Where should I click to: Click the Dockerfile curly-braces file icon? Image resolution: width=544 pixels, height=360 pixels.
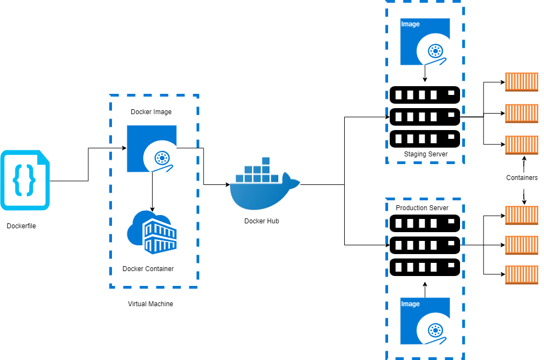pos(25,181)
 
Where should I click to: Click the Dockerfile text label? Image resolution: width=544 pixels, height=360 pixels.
pos(21,226)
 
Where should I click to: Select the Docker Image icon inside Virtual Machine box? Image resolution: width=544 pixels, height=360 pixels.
pos(152,149)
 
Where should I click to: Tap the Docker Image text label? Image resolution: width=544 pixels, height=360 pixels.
pos(151,112)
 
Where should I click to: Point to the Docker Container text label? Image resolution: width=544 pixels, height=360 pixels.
pos(148,269)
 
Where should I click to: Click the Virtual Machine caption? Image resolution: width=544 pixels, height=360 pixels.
pos(150,304)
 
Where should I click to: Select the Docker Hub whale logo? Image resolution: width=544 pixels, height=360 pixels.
pos(265,187)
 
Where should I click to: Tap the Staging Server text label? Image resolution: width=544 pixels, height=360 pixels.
pos(425,154)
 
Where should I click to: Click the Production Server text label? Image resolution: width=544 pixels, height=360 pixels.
pos(422,208)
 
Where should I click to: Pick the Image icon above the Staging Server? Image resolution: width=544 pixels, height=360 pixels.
pos(425,42)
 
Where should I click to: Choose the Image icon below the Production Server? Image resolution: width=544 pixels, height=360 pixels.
pos(425,320)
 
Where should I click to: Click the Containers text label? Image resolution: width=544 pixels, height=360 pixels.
pos(521,178)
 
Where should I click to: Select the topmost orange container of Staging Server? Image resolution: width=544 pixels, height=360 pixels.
pos(521,82)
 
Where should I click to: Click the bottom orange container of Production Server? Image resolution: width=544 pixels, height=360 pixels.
pos(521,274)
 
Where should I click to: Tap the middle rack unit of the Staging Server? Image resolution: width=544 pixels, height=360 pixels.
pos(424,116)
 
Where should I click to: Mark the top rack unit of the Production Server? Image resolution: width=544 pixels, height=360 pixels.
pos(424,223)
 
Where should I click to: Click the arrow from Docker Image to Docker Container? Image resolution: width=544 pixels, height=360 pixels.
pos(152,192)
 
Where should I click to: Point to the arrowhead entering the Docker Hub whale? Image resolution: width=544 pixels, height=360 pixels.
pos(228,185)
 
